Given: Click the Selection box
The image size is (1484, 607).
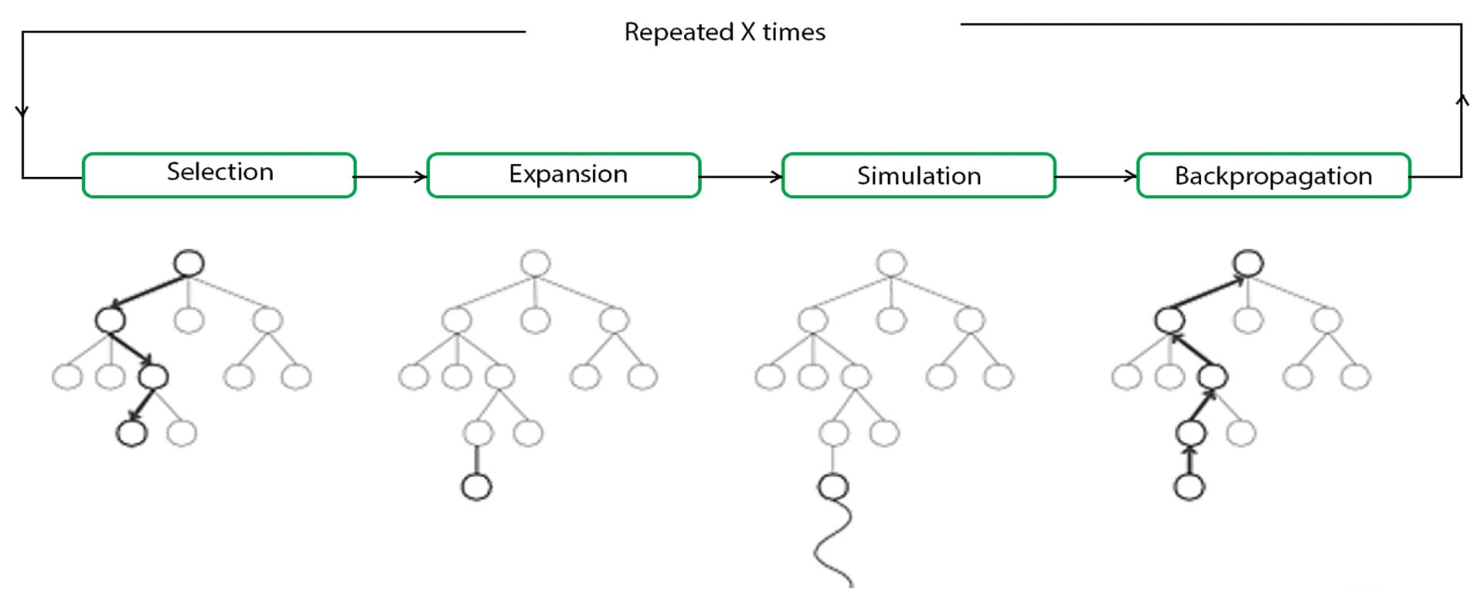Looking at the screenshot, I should [220, 175].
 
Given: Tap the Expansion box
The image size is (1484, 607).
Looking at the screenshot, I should [563, 175].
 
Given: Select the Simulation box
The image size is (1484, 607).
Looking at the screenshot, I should [918, 176].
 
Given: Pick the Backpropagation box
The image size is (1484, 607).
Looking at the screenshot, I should [1273, 176].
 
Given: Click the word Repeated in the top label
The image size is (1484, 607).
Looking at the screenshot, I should [678, 32].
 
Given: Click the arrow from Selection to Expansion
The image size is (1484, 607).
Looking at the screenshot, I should [391, 177].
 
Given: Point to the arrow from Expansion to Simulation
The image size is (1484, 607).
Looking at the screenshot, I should [741, 177].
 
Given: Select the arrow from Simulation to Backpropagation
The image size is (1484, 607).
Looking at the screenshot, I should [1096, 177].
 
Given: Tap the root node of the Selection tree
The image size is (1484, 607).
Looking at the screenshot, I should [189, 263].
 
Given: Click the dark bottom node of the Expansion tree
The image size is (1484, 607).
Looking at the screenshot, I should [476, 486].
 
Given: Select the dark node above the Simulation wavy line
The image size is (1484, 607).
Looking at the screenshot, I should [832, 486].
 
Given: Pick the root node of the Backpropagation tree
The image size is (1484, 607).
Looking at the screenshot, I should [1248, 263].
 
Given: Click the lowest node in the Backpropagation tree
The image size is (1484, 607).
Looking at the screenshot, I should [1189, 486].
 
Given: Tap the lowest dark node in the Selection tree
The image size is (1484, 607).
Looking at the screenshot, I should [131, 433].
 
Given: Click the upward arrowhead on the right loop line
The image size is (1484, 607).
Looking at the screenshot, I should [1462, 100].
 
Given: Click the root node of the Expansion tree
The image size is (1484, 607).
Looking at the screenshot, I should [535, 263].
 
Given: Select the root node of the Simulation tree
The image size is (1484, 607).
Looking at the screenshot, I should [891, 263].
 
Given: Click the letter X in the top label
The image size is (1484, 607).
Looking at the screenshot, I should [748, 32].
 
